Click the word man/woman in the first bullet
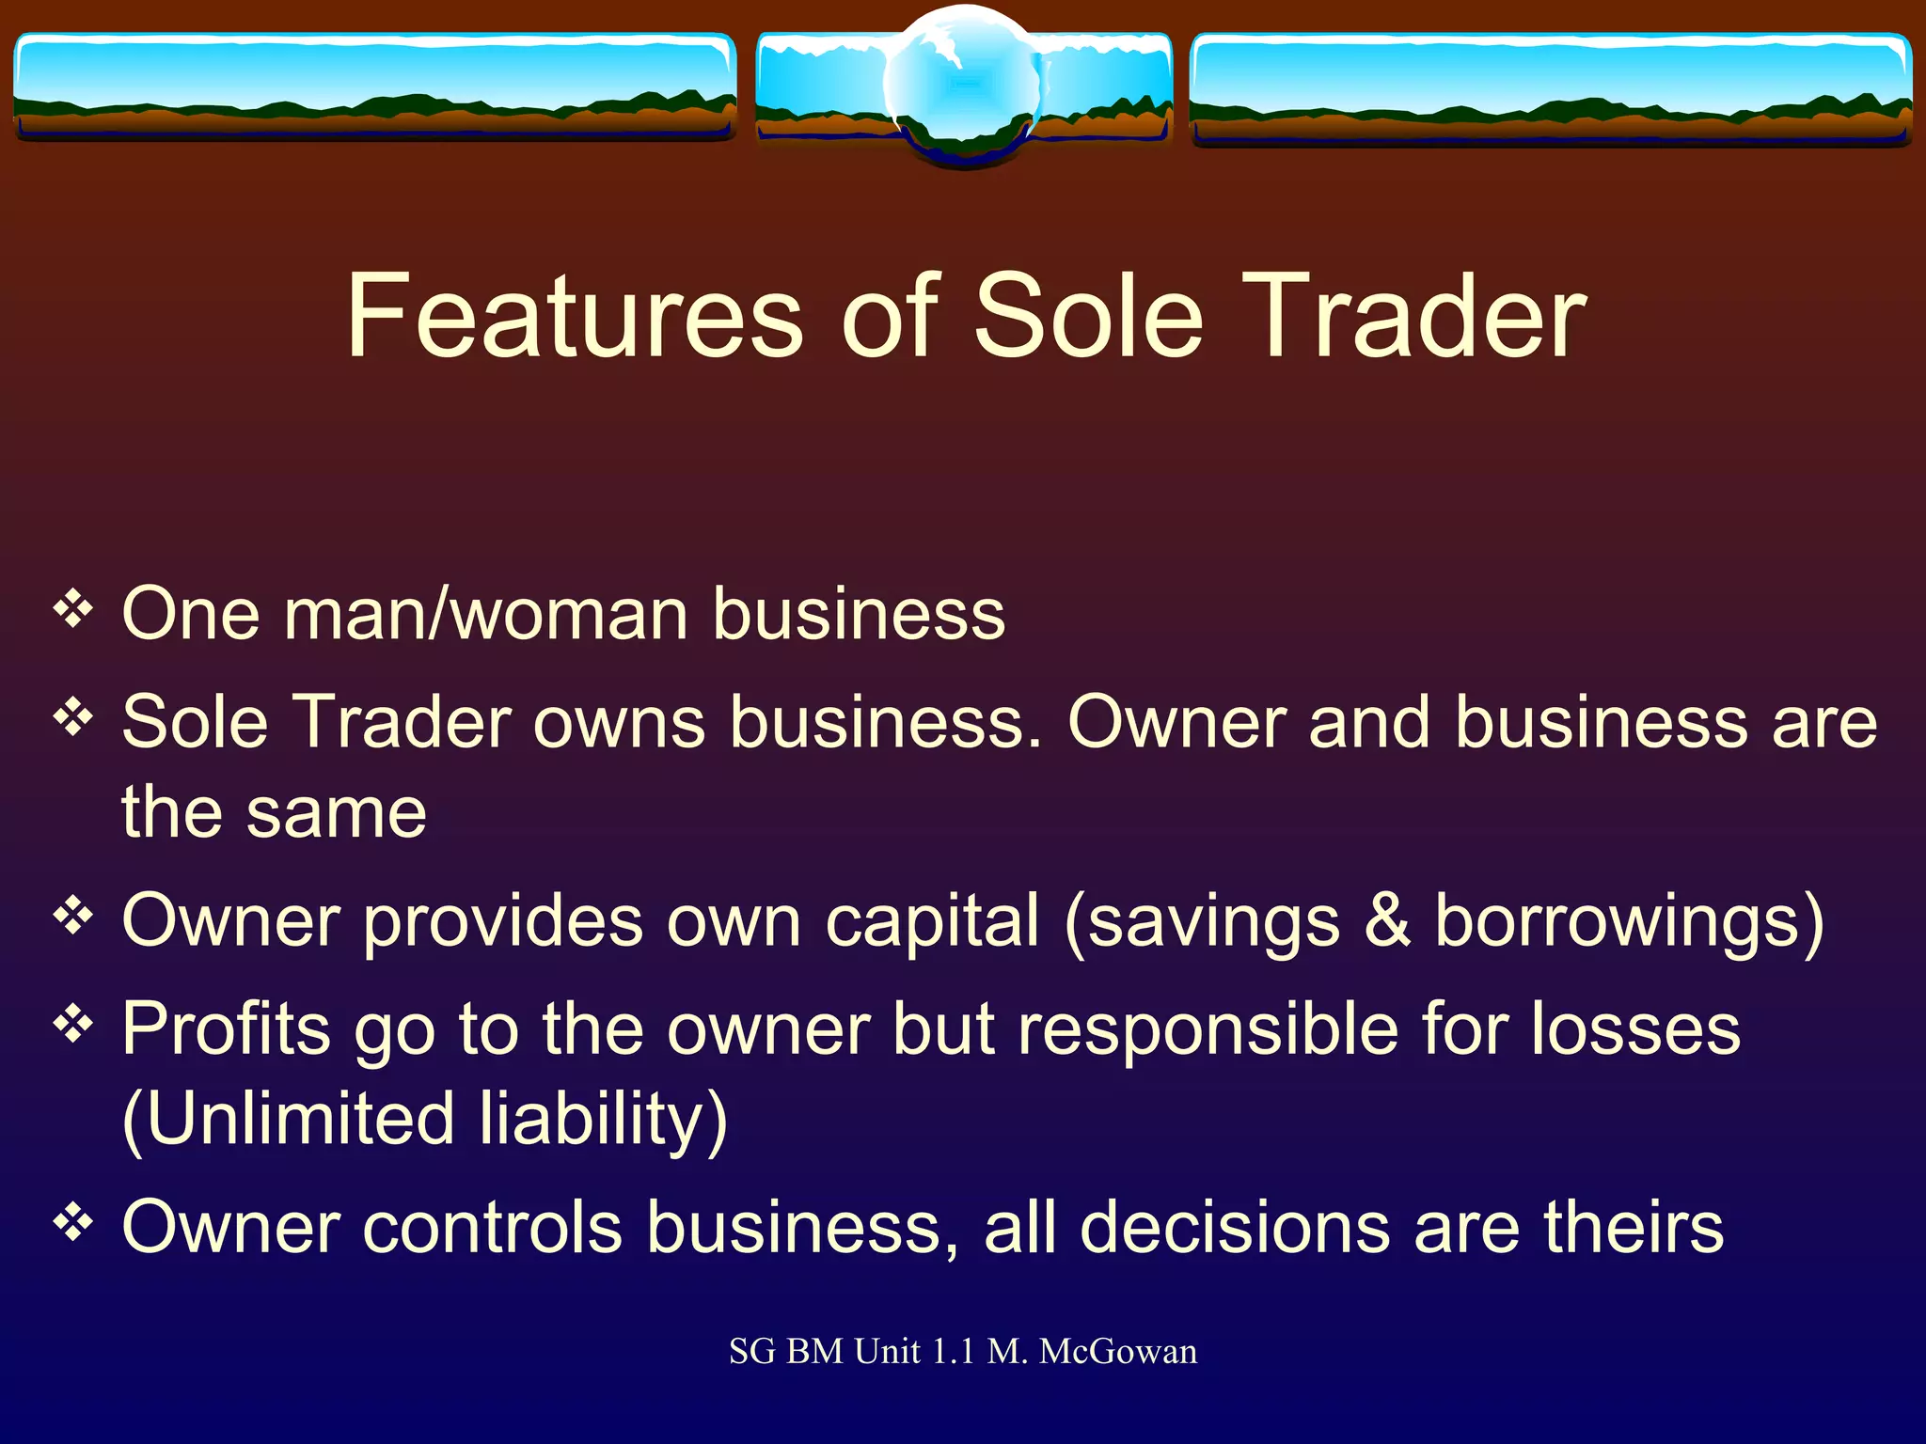(485, 615)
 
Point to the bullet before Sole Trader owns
(73, 719)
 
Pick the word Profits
(227, 1029)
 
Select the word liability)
(603, 1120)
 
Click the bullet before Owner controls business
(73, 1223)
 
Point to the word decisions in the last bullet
(1236, 1228)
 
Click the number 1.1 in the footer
(953, 1352)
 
